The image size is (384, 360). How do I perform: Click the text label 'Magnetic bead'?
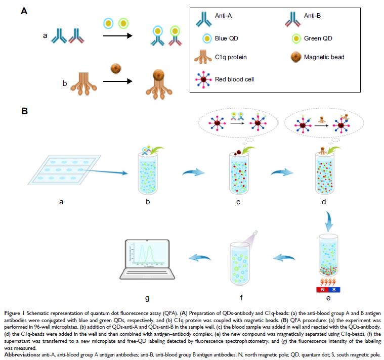point(324,58)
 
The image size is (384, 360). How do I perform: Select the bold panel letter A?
point(24,10)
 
